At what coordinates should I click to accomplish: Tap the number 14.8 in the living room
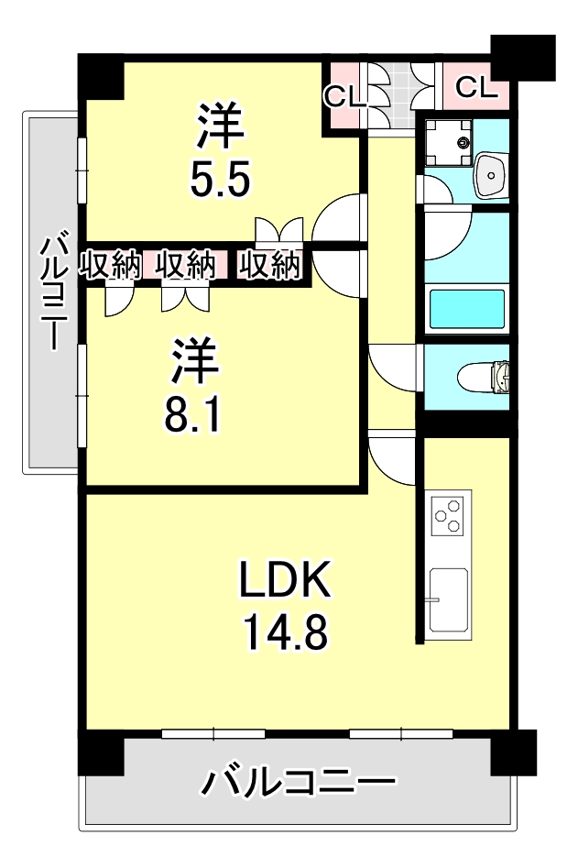pos(285,632)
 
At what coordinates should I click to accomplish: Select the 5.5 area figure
pos(220,179)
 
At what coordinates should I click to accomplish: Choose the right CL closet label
pos(475,87)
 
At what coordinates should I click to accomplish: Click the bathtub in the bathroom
pos(467,309)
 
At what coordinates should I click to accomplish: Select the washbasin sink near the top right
pos(493,172)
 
